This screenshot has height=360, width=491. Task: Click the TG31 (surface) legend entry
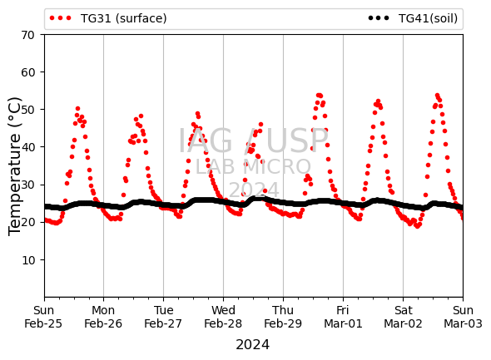[x=108, y=18]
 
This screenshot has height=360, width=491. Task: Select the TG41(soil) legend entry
[x=413, y=18]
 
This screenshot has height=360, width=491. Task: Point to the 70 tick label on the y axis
[x=27, y=35]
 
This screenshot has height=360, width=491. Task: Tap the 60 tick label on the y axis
[x=27, y=72]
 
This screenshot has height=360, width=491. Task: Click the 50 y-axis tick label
[x=27, y=110]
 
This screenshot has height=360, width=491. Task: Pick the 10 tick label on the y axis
[x=27, y=260]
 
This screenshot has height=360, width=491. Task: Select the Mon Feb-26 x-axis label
[x=103, y=317]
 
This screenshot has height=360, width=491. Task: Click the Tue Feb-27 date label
[x=163, y=317]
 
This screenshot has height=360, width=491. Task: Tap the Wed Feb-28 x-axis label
[x=223, y=317]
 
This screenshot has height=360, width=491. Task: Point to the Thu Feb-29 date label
[x=283, y=317]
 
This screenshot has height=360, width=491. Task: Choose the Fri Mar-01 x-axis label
[x=343, y=317]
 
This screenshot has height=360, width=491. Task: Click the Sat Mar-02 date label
[x=403, y=317]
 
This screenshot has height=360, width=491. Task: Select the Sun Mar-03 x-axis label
[x=463, y=317]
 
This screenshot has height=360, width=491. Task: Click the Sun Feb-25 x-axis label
[x=43, y=317]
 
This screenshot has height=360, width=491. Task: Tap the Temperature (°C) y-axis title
[x=14, y=166]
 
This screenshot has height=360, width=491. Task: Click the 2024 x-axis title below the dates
[x=253, y=345]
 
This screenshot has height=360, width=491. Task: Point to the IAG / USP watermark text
[x=253, y=141]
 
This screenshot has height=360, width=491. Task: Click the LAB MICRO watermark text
[x=253, y=167]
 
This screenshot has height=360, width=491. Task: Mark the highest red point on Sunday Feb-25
[x=77, y=109]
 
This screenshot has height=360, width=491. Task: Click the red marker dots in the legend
[x=61, y=18]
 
